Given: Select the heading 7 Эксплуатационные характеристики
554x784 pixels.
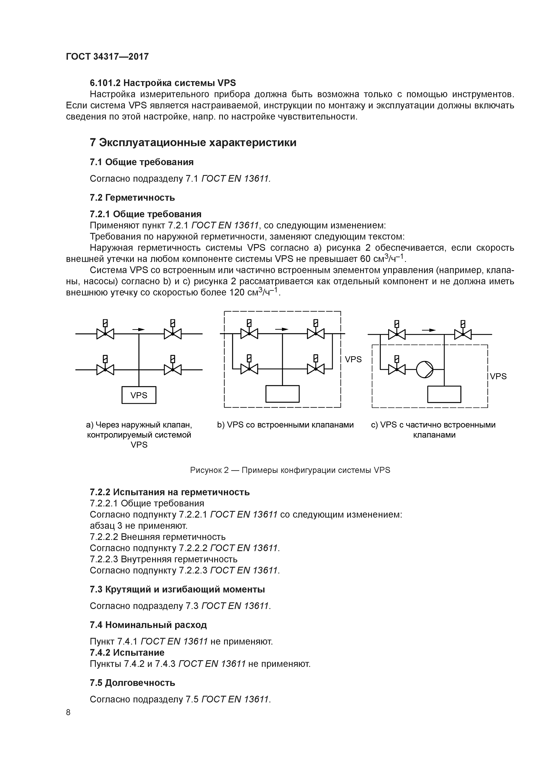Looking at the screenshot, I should click(193, 142).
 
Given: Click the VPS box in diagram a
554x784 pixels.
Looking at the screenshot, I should click(139, 395).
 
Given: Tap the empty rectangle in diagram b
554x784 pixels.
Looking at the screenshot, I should click(282, 394).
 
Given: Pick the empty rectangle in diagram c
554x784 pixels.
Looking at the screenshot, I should click(444, 394).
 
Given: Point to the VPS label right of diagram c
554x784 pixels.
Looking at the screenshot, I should click(498, 376).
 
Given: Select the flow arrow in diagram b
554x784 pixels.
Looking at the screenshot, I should click(282, 329).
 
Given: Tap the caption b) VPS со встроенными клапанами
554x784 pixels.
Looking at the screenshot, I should click(285, 425).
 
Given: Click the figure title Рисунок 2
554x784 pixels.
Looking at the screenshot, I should click(290, 470).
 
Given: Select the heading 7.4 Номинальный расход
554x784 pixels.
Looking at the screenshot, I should click(148, 625).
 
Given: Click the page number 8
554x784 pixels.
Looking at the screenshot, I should click(68, 712).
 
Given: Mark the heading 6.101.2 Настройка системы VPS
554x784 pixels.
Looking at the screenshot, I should click(163, 83).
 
